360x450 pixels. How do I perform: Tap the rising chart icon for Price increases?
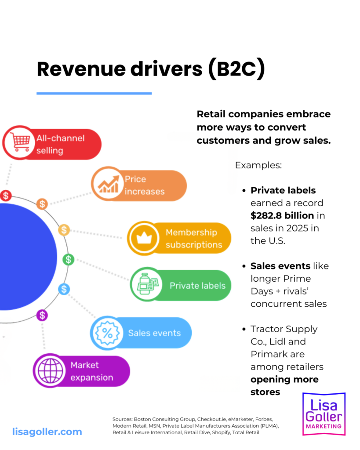(x=108, y=185)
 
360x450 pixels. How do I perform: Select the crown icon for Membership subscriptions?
(x=143, y=238)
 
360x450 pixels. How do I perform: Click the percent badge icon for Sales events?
(x=106, y=333)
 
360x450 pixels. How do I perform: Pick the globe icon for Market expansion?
(x=49, y=371)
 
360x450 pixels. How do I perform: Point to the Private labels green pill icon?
(x=147, y=286)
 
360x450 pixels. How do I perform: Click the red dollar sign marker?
(x=6, y=196)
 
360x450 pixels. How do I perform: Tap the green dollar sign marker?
(x=68, y=259)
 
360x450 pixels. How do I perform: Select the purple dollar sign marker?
(x=42, y=315)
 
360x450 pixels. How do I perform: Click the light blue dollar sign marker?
(x=64, y=289)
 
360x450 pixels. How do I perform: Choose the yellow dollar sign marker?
(x=64, y=229)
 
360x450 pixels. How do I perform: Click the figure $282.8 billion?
(x=282, y=215)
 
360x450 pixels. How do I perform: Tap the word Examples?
(x=258, y=166)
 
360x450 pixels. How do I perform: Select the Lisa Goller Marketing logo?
(x=324, y=414)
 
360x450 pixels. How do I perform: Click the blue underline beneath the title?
(x=94, y=93)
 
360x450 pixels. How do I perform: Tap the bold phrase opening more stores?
(x=284, y=385)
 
